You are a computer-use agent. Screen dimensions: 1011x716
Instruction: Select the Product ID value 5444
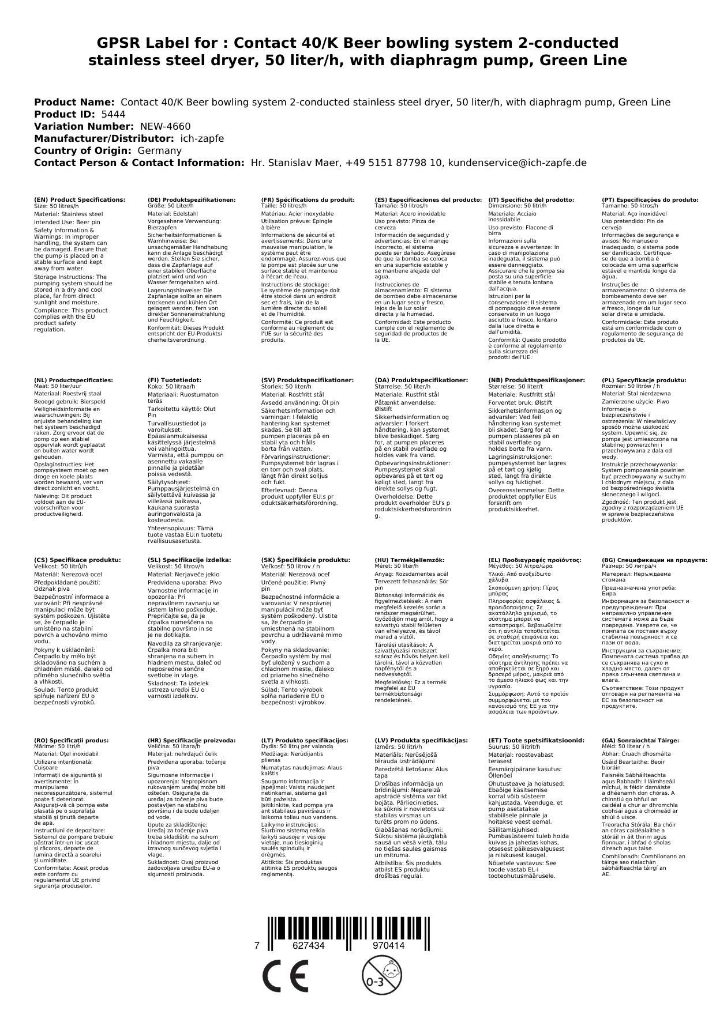point(113,114)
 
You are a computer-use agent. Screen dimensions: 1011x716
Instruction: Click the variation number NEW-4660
point(165,126)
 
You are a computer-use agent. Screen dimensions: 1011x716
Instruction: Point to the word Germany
point(159,150)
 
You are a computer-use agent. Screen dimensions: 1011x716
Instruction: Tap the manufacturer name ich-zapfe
point(202,138)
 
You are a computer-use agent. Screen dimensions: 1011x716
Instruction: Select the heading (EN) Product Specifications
point(80,199)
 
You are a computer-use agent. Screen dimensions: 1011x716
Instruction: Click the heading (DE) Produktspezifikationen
point(192,199)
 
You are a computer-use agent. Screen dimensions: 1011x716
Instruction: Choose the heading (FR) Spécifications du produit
point(308,199)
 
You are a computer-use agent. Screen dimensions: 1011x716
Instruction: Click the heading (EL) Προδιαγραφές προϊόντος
point(535,560)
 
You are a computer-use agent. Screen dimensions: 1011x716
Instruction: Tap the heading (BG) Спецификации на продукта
point(654,560)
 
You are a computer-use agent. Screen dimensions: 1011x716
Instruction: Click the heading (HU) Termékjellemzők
point(410,560)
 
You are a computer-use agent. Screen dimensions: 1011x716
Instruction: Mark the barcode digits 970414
point(388,945)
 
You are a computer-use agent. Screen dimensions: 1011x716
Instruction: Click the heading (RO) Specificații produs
point(72,740)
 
